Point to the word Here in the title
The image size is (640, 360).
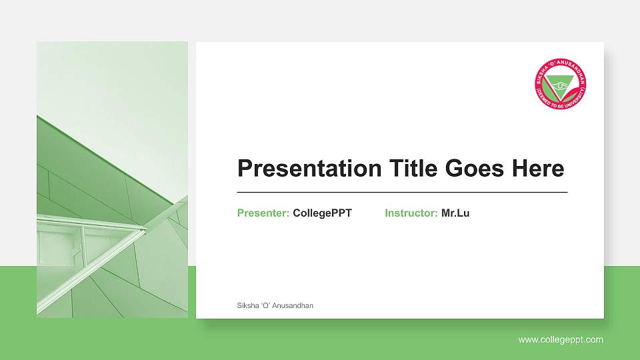coord(537,169)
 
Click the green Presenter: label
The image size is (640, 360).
coord(263,213)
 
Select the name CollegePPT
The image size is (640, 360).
coord(322,213)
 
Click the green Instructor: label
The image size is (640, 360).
coord(411,213)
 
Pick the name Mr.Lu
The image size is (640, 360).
coord(455,213)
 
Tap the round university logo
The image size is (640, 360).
coord(561,84)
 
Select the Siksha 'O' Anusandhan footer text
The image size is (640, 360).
coord(275,305)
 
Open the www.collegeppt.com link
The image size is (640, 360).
coord(561,340)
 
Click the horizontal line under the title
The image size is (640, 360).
coord(402,192)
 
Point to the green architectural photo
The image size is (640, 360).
coord(112,179)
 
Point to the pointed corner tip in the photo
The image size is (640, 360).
coord(145,229)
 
